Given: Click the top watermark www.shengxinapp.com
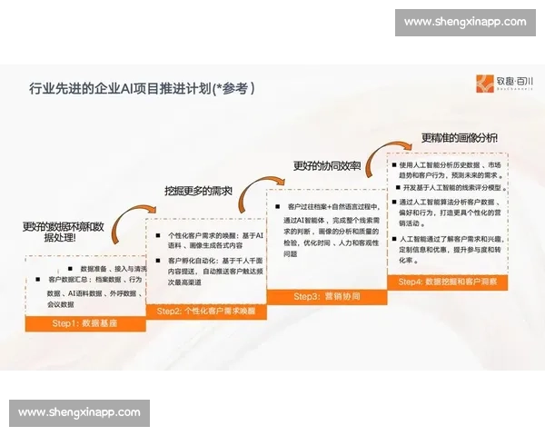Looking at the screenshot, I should [464, 22].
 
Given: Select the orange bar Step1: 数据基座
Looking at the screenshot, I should [84, 323].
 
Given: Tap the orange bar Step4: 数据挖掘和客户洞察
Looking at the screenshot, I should [447, 282].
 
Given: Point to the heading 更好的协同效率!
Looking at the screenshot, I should [326, 166].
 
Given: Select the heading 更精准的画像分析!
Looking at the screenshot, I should [459, 138].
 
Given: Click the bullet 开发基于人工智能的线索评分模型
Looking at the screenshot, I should [450, 187].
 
